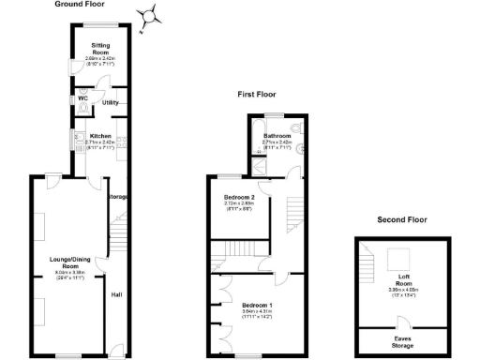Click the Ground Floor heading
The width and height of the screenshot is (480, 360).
(79, 5)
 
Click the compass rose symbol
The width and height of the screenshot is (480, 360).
(147, 17)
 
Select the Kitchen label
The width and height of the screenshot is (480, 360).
(100, 135)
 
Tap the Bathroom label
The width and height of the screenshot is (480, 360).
(277, 135)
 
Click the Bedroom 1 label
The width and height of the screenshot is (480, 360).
(256, 306)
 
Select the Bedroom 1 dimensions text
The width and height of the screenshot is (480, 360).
(256, 314)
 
